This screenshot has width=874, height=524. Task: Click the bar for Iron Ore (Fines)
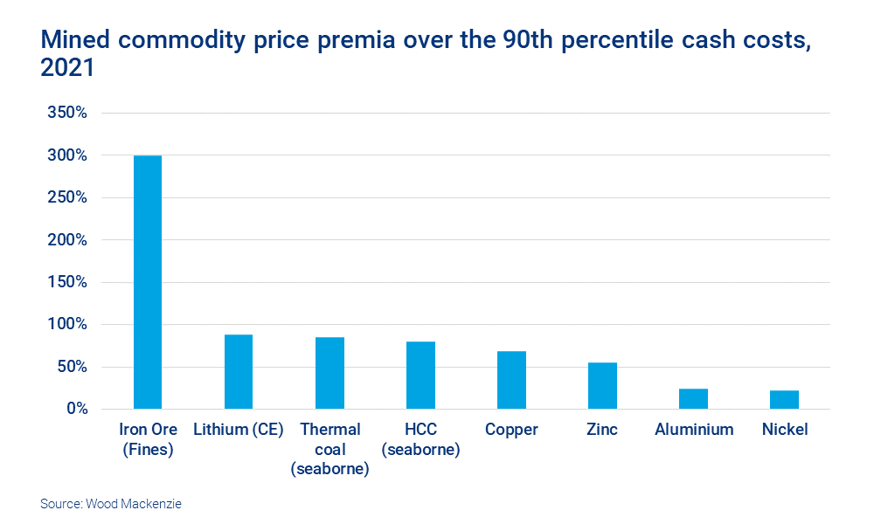pos(148,282)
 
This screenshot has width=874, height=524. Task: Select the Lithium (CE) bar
pos(239,372)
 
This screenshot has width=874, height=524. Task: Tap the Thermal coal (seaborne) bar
pos(329,373)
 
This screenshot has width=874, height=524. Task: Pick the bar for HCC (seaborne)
pos(420,376)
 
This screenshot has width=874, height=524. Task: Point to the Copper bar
pos(511,380)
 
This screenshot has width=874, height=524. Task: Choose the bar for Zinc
pos(602,386)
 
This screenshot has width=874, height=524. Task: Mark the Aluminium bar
pos(693,399)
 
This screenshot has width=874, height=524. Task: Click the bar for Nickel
pos(784,400)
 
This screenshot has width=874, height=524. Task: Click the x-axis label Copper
pos(511,430)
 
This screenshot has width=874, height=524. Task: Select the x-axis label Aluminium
pos(693,430)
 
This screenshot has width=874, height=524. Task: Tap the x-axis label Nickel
pos(784,430)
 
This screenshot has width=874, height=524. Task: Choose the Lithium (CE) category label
pos(239,430)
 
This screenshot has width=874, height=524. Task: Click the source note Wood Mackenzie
pos(111,504)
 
